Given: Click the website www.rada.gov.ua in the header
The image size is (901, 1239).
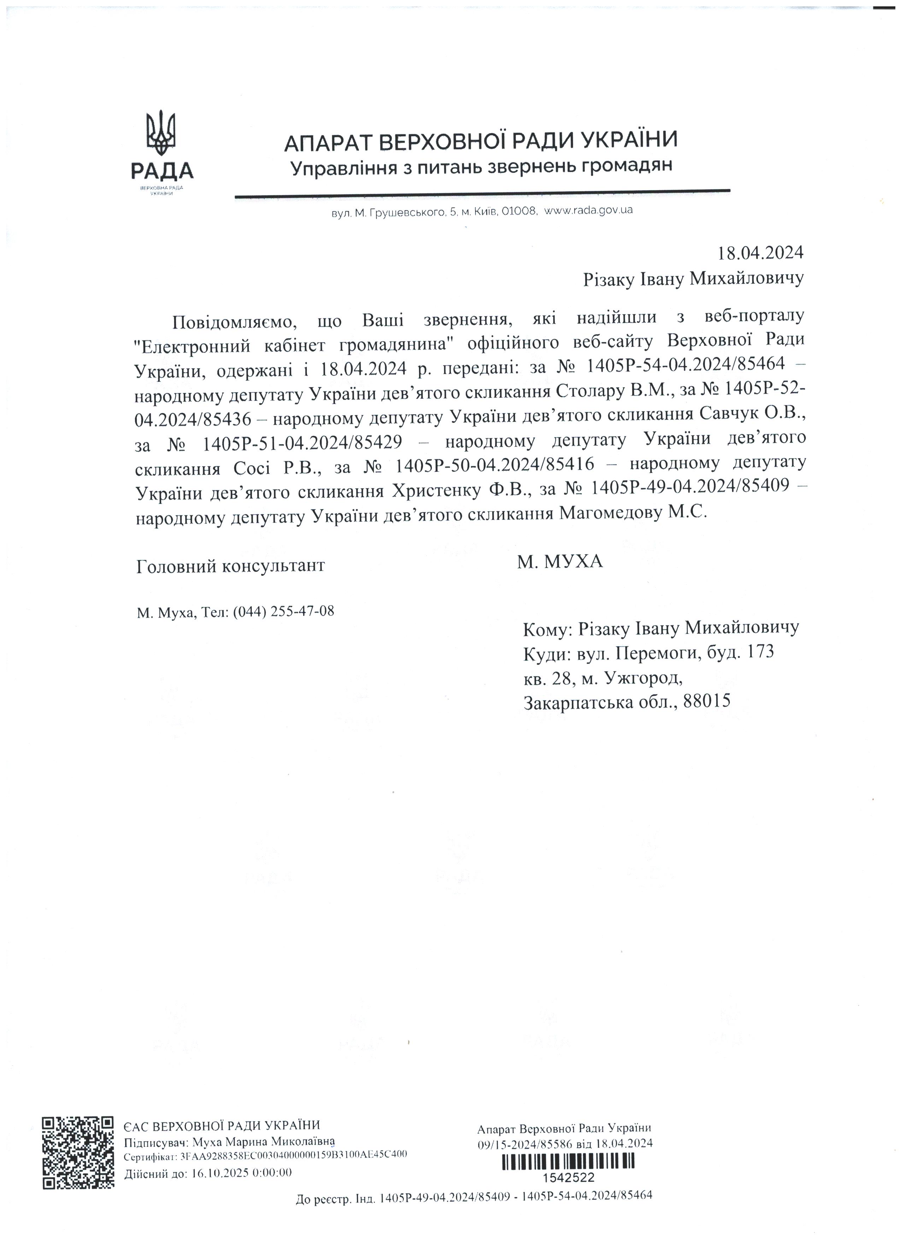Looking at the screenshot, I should [x=589, y=210].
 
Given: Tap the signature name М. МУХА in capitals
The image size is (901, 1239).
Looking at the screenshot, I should [x=560, y=561].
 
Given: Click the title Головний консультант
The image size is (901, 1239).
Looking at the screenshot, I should [x=231, y=565].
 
